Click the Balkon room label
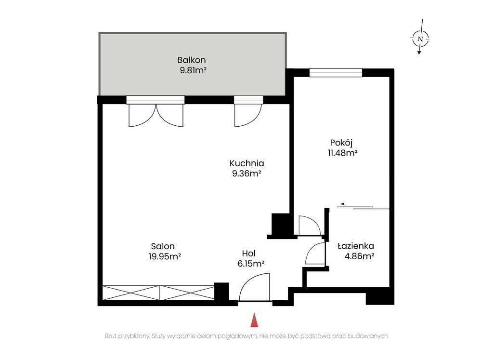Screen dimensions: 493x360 coord(192,60)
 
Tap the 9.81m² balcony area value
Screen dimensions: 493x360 coord(193,70)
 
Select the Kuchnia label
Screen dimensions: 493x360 coord(247,163)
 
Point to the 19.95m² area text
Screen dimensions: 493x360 coord(165,256)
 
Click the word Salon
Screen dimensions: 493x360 coord(163,246)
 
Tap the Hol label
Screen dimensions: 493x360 coord(249,253)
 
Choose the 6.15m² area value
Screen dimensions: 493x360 coord(251,264)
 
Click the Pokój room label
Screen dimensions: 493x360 coord(341,143)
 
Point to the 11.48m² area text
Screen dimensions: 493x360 coord(343,153)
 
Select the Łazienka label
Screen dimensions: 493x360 coord(356,246)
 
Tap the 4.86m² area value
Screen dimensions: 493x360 coord(359,256)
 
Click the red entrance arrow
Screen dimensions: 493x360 coord(254,320)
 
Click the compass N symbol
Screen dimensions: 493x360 coord(420,39)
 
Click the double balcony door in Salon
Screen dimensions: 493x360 coord(156,115)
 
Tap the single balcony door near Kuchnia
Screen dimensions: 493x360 coord(248,115)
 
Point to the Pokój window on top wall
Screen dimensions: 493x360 coord(336,73)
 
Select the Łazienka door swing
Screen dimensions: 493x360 coord(315,253)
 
